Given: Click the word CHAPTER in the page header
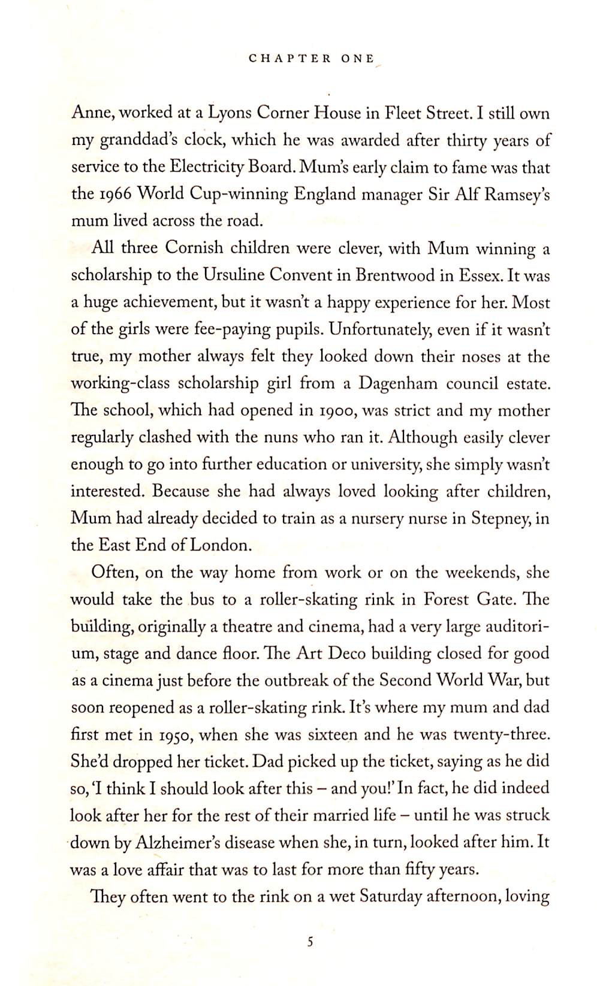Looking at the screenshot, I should click(290, 59).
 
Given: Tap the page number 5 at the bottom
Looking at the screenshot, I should click(310, 942).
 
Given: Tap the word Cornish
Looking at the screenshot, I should click(194, 248).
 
